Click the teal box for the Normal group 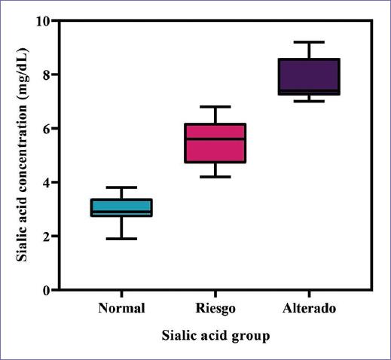(121, 207)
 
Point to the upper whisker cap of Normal (121, 188)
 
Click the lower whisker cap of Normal (121, 239)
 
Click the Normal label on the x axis (121, 308)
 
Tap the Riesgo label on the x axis (215, 308)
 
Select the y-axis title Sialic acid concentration (23, 155)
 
